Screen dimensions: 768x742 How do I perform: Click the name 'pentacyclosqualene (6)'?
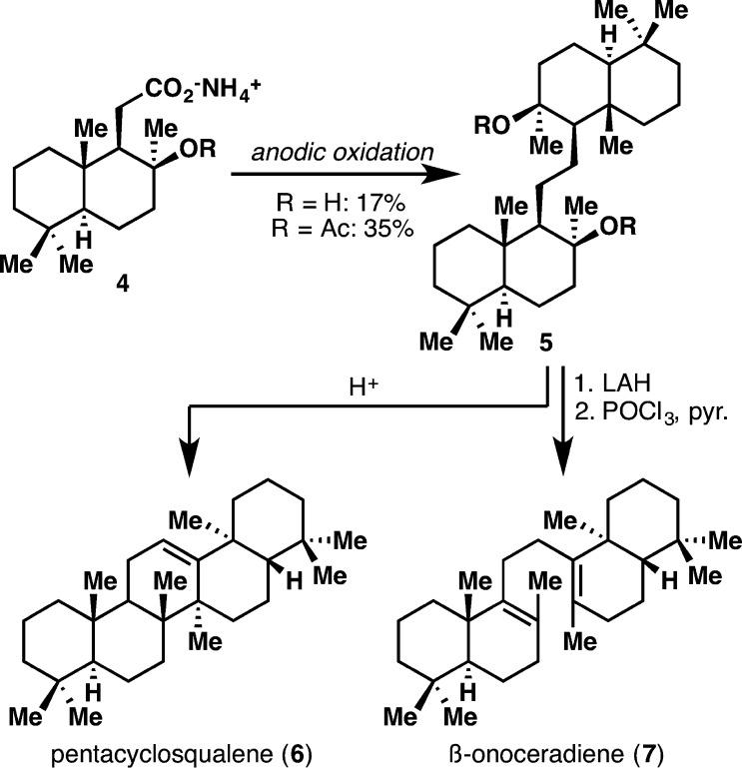pyautogui.click(x=160, y=749)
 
